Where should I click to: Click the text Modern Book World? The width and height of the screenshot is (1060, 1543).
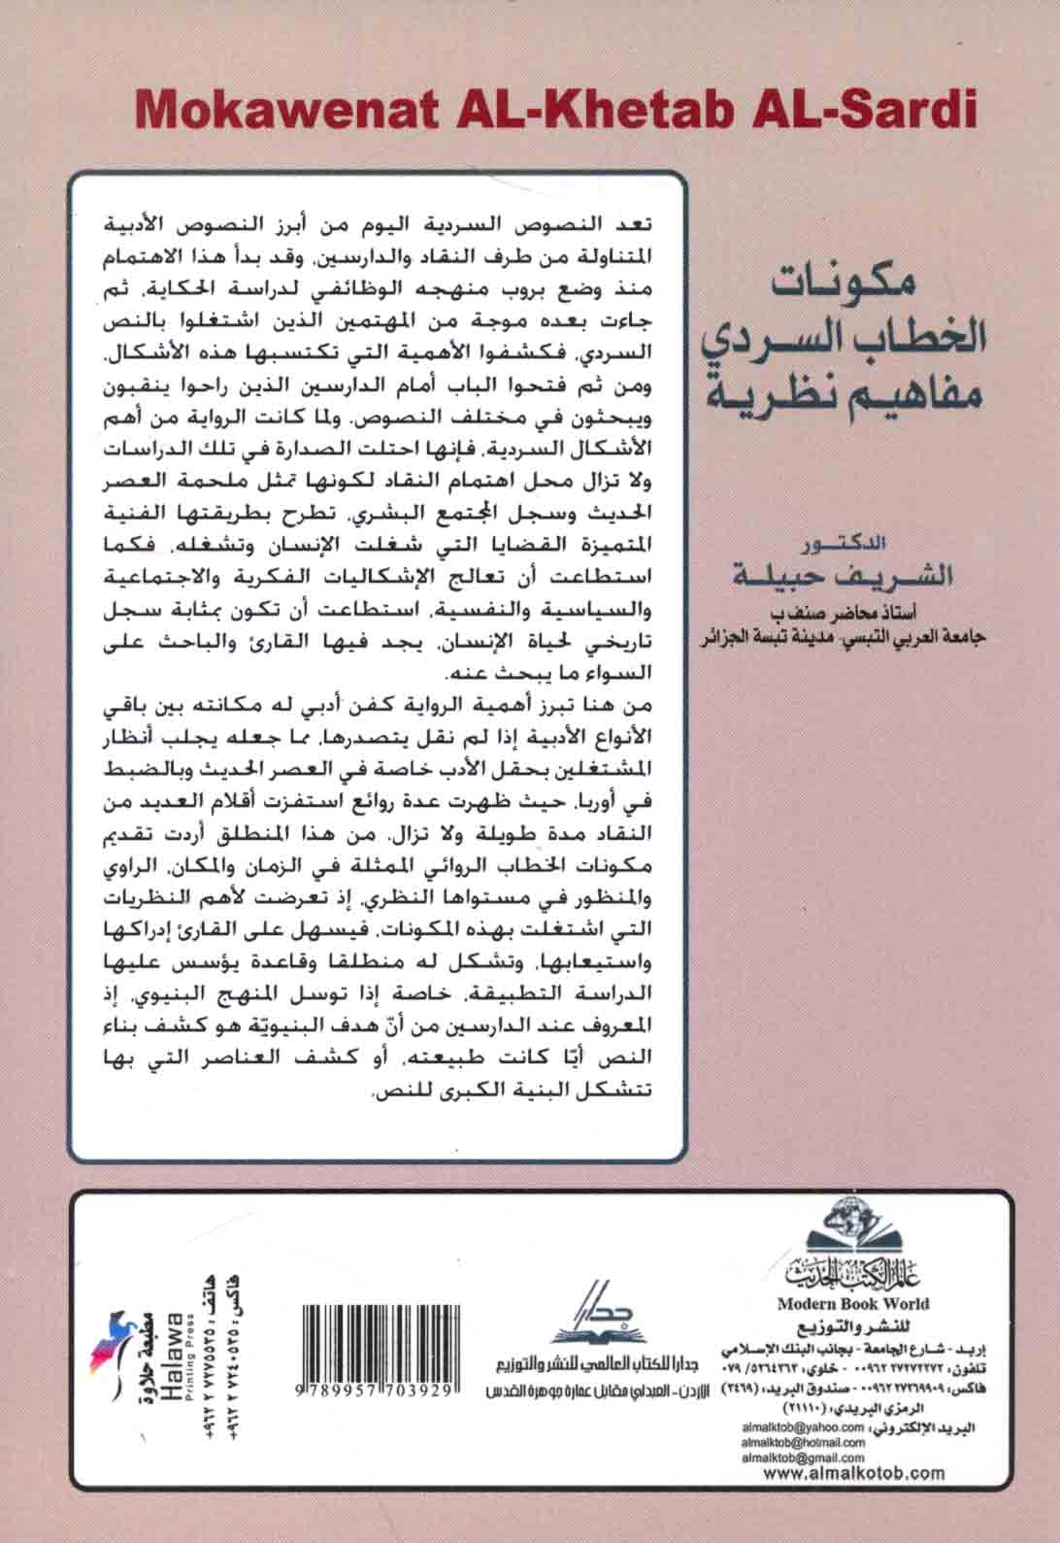852,1303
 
